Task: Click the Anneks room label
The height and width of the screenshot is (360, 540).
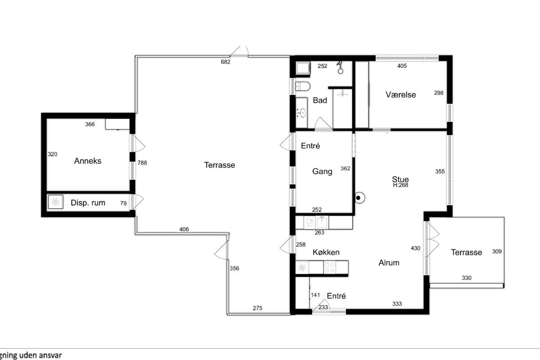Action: point(87,161)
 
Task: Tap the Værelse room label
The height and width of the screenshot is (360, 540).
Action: point(400,94)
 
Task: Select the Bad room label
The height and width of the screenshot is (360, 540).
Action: point(320,100)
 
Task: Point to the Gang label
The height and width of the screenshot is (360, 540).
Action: point(322,171)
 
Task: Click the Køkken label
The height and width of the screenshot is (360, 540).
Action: point(326,252)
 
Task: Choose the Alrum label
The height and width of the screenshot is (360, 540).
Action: point(389,263)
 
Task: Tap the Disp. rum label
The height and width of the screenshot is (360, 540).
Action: point(88,203)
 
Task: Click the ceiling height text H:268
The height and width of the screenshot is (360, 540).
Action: point(400,185)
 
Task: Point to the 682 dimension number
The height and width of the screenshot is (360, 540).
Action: point(225,62)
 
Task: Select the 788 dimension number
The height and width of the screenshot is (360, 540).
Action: point(142,163)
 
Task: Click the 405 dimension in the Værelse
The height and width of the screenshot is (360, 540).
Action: point(402,66)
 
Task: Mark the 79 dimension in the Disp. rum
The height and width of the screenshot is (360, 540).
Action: point(123,203)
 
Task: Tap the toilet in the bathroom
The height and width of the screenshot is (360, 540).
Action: point(302,86)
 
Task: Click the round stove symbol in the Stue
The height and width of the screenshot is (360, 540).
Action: point(359,198)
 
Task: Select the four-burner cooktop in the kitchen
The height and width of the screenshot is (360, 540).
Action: point(329,267)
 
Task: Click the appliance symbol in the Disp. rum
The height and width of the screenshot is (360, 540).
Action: point(56,202)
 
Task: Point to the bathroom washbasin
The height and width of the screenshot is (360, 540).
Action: point(301,112)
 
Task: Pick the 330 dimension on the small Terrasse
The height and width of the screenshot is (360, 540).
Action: point(467,278)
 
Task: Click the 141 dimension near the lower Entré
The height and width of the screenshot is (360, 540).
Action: point(315,295)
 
